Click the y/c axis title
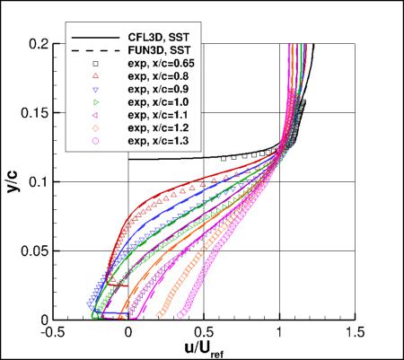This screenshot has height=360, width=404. point(13,180)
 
